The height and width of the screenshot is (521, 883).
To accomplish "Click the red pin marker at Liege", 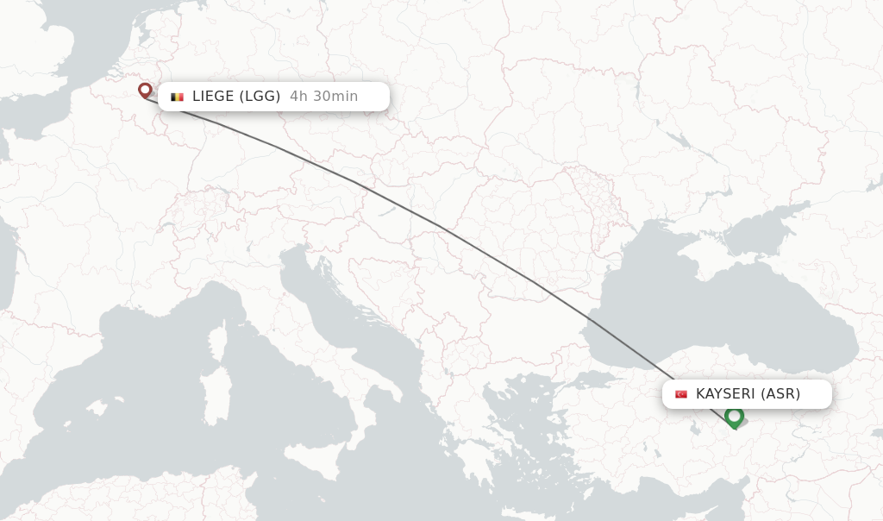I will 145,90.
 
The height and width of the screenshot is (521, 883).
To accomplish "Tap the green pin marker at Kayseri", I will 734,417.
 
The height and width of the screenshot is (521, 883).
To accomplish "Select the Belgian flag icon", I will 178,97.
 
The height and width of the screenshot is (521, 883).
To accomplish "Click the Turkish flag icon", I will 681,394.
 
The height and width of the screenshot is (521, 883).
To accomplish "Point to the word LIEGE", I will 213,97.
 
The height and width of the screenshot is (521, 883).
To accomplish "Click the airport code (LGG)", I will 260,97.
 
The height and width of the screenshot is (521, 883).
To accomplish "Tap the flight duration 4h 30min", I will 323,97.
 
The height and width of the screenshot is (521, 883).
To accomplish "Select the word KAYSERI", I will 725,394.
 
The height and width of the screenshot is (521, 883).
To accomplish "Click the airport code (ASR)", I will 780,394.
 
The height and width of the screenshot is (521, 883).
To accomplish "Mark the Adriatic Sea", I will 345,319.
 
